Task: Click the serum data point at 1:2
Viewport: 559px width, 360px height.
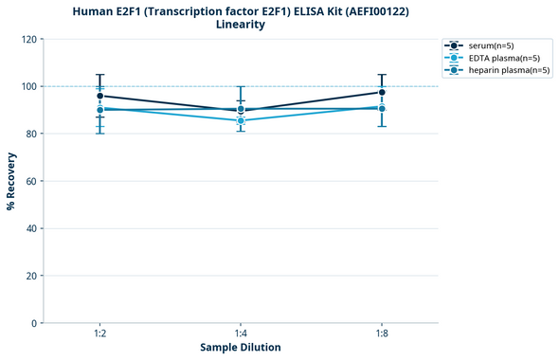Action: [99, 96]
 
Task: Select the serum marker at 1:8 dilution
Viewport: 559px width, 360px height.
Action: [382, 92]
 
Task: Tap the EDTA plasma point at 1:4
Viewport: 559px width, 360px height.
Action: [241, 120]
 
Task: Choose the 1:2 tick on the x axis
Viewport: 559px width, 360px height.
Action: [99, 334]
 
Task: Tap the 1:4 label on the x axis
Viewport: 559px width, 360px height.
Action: [241, 334]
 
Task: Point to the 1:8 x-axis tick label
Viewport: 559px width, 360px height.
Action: [382, 334]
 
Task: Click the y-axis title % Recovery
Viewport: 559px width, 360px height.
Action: [11, 181]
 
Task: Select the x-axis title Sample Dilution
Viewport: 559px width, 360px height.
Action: [241, 348]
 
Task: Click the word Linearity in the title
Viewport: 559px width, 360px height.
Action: [241, 25]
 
